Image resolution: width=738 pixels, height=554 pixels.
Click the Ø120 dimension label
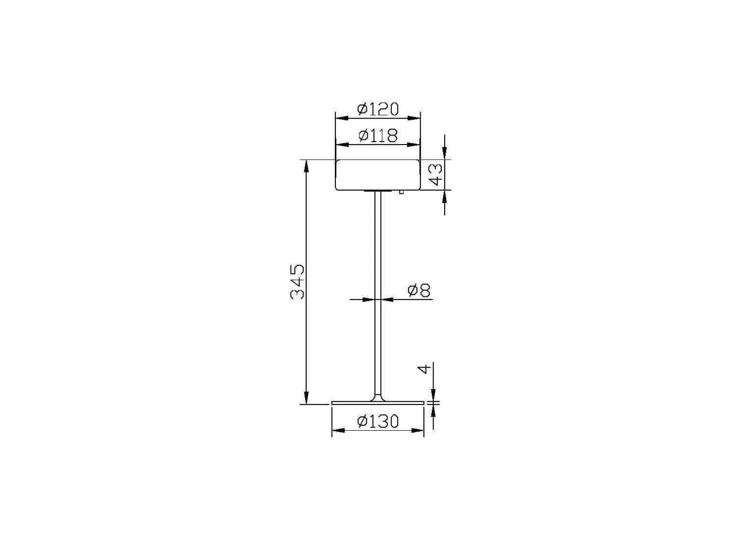(378, 109)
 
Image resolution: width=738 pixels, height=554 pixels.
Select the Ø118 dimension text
(378, 136)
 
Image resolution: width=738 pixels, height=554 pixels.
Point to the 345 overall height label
(62, 282)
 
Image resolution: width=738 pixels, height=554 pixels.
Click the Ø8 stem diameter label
(419, 290)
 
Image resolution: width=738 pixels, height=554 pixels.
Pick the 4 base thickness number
(424, 369)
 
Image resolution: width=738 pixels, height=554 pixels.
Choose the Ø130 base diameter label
(378, 422)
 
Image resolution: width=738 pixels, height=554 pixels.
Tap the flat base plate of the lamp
(378, 403)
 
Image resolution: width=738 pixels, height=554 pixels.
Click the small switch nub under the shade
(401, 192)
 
